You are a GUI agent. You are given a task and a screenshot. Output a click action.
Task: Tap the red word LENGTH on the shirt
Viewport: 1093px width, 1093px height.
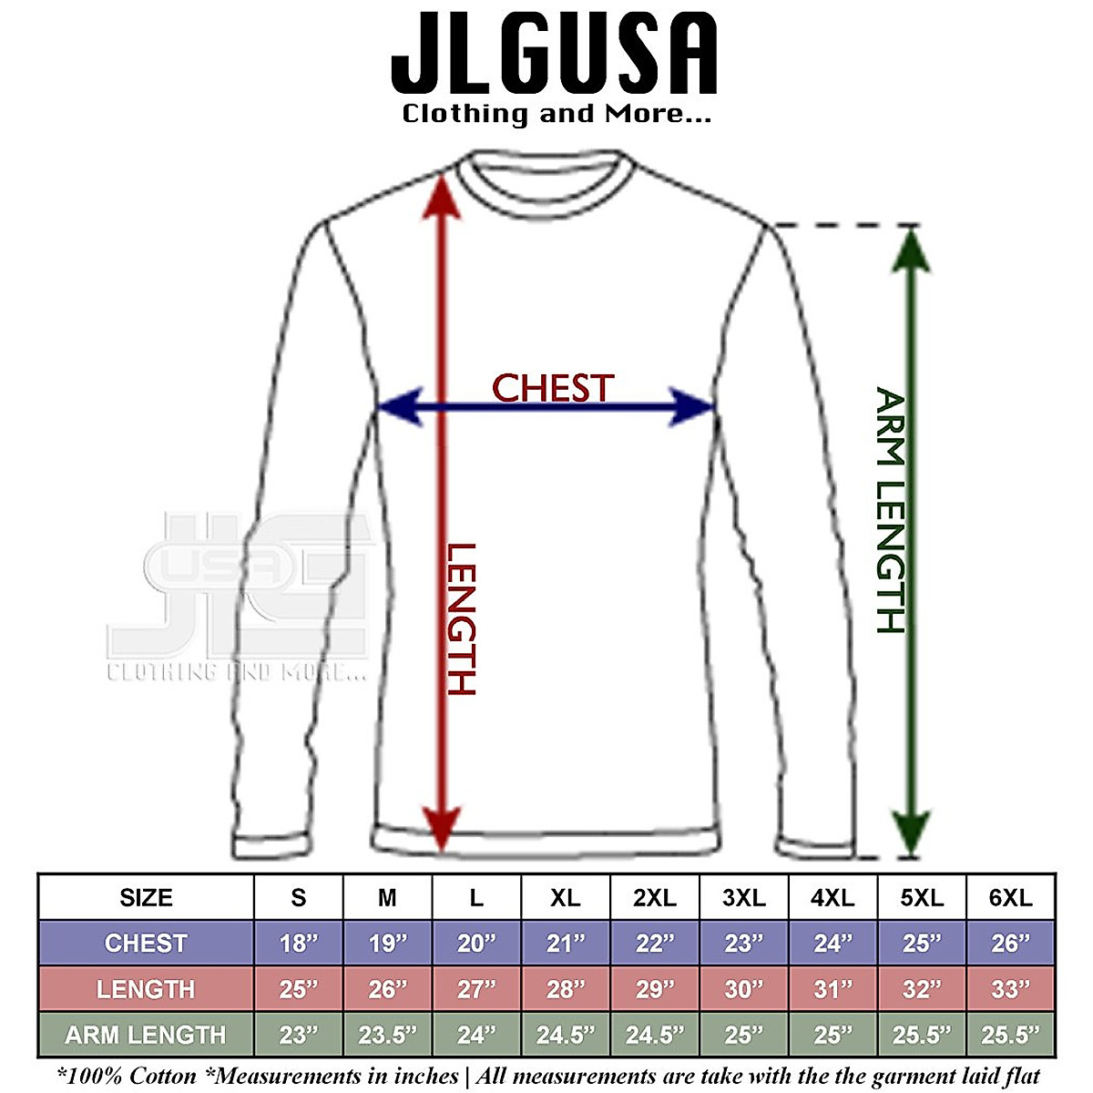point(461,619)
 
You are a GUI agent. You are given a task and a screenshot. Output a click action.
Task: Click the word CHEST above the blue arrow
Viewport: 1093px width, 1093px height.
point(553,388)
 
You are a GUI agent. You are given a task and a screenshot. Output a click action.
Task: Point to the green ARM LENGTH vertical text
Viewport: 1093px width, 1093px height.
point(891,510)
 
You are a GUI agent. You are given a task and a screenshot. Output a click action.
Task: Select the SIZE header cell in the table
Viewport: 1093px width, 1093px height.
point(146,898)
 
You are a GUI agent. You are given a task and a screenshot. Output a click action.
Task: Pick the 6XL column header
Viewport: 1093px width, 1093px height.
point(1010,898)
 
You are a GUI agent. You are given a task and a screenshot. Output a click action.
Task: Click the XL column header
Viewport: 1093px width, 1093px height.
point(566,898)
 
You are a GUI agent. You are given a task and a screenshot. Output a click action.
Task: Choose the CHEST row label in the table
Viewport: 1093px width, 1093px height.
point(146,944)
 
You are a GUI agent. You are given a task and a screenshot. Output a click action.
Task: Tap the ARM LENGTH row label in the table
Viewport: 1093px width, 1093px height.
point(146,1035)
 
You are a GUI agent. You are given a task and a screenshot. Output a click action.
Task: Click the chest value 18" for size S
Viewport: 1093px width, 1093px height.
point(298,944)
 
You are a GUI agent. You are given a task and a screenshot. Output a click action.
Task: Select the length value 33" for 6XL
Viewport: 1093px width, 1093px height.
point(1010,989)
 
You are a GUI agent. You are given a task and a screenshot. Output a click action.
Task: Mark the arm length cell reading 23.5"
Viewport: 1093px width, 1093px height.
point(387,1035)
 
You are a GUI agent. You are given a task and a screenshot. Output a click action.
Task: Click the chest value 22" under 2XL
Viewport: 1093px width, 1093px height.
point(654,944)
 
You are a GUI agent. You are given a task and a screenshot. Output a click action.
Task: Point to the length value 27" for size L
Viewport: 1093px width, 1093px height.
point(476,989)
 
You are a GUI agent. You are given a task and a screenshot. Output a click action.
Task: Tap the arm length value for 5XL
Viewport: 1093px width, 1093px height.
point(922,1035)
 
